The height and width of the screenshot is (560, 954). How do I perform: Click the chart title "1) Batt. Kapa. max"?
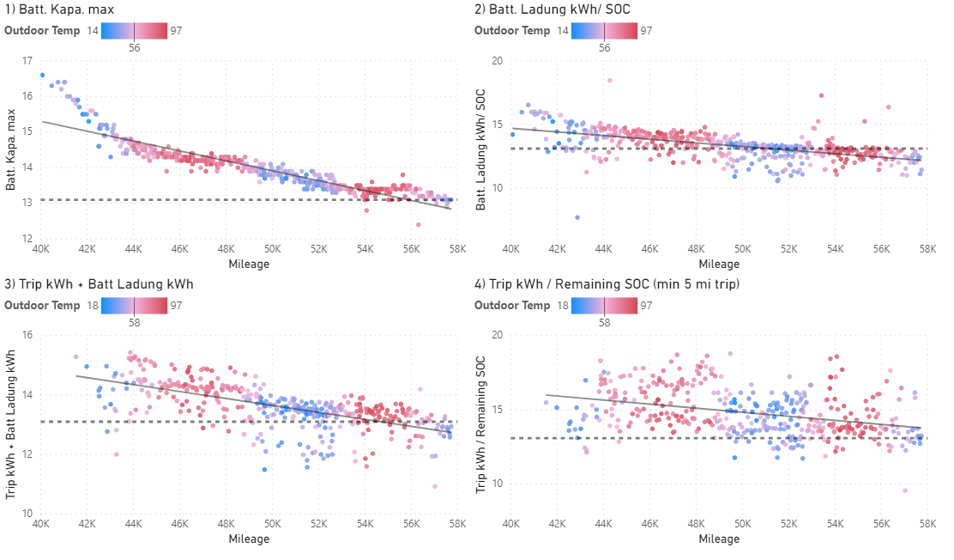[x=59, y=9]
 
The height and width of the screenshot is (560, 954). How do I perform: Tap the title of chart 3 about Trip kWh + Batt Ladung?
[x=100, y=284]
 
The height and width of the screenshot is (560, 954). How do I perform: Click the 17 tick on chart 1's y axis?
[x=27, y=61]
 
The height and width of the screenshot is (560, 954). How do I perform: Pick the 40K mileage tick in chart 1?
[x=40, y=250]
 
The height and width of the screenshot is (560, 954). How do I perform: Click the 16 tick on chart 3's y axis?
[x=27, y=336]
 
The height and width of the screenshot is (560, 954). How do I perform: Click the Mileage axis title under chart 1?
[x=249, y=265]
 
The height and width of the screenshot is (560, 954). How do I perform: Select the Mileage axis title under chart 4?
[x=719, y=539]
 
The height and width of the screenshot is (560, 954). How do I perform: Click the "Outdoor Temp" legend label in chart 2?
[x=512, y=30]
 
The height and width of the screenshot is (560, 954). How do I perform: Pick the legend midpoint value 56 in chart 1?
[x=135, y=49]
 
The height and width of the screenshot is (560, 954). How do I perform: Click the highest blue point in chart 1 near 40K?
[x=42, y=76]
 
